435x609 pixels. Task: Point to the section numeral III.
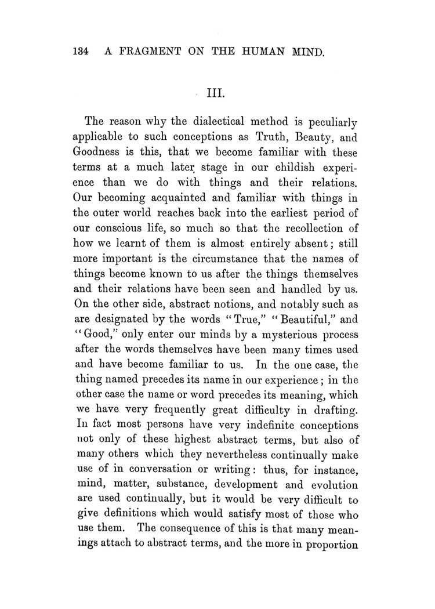pos(216,93)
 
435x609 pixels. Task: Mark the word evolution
pos(332,483)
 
